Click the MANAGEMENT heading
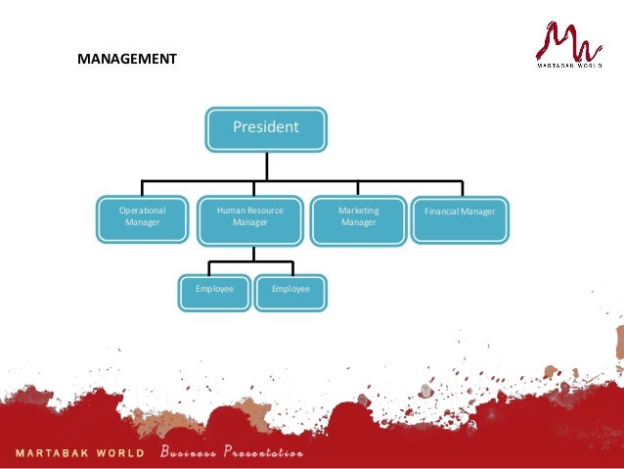127,59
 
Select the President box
265,129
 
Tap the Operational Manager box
142,219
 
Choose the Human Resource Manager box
249,219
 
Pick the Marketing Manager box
358,219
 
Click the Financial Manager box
460,219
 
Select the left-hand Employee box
214,291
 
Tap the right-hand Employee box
290,291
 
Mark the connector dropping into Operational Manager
143,188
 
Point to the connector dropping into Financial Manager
461,188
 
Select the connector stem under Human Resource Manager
252,253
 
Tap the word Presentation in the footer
263,453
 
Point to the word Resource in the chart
261,211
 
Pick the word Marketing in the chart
358,211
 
